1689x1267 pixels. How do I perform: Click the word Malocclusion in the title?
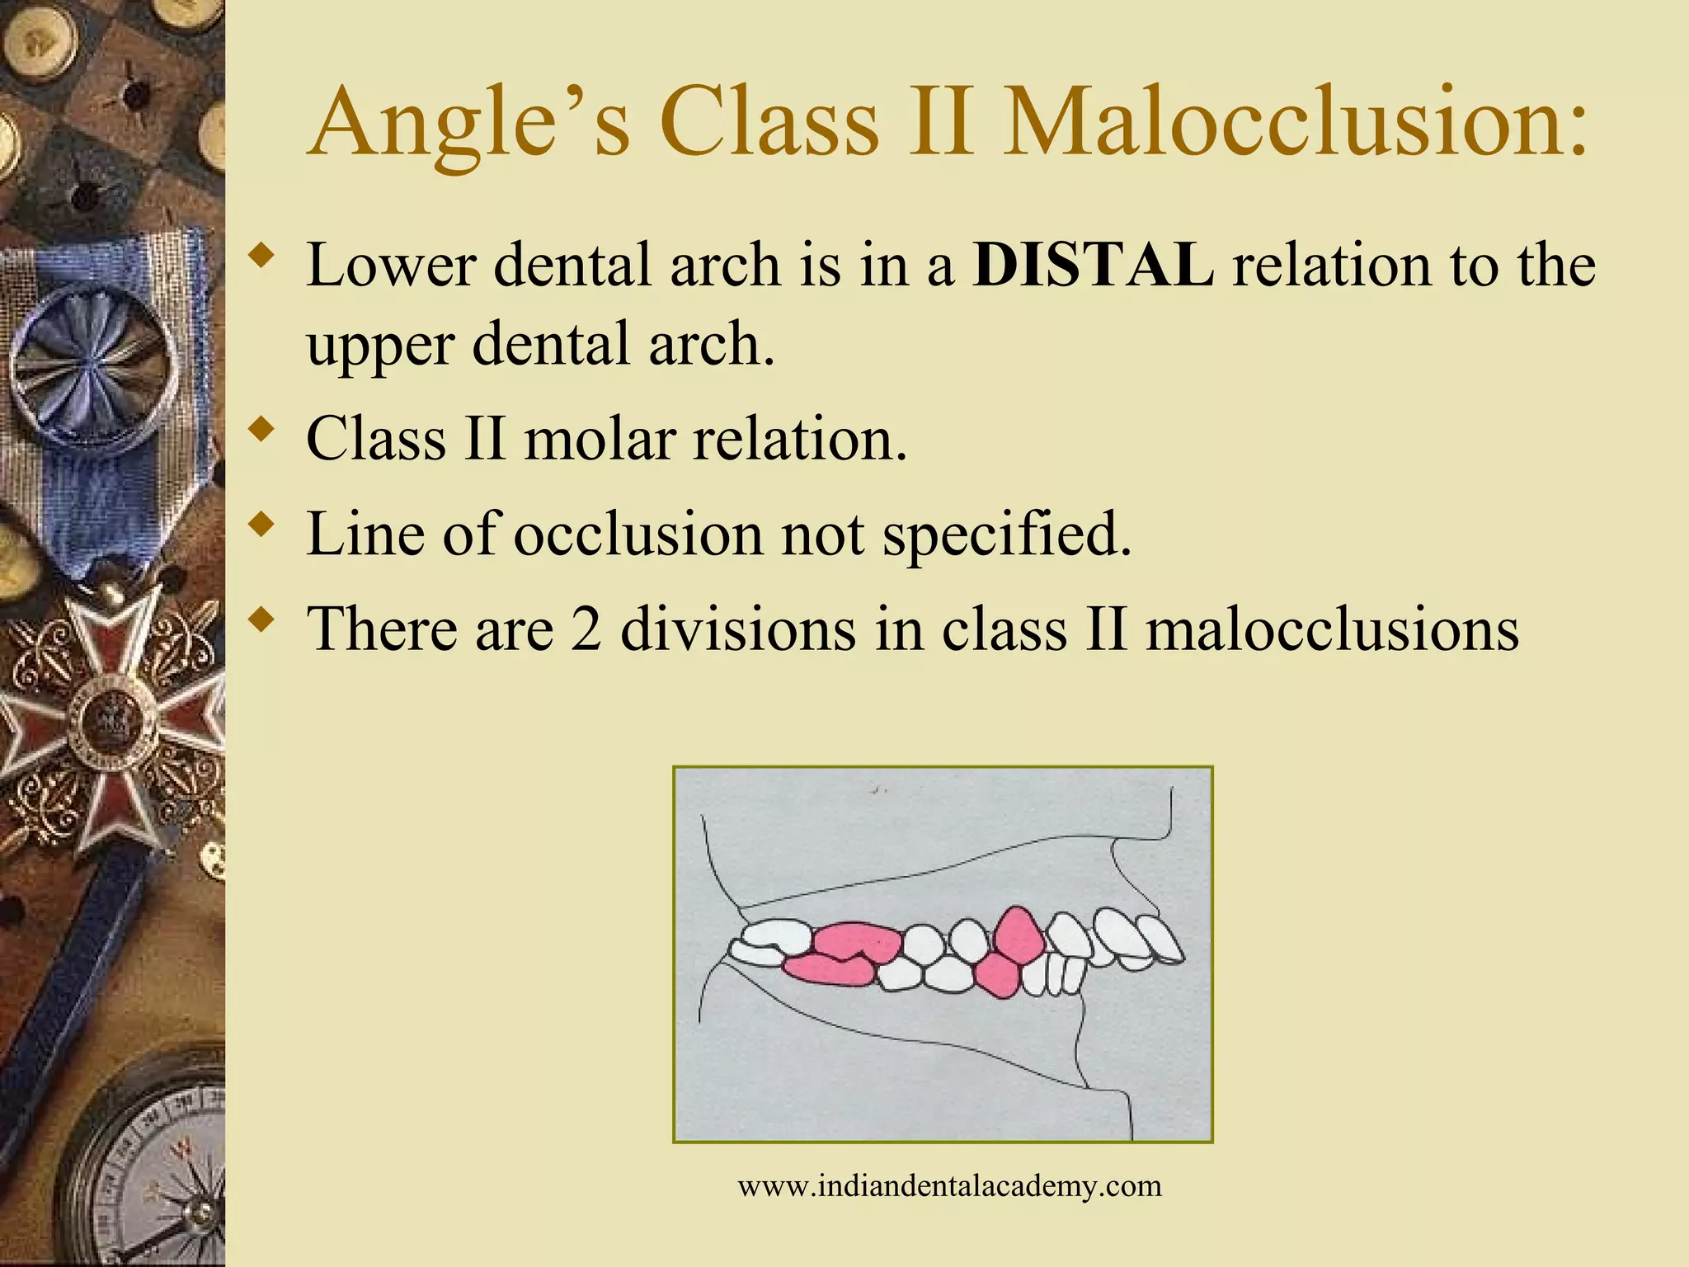tap(1295, 124)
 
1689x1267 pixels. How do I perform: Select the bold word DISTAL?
tap(1093, 266)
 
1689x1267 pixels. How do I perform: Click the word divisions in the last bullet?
tap(738, 629)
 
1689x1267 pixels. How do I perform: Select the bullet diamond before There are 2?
tap(261, 618)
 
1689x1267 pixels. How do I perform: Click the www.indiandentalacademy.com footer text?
tap(949, 1186)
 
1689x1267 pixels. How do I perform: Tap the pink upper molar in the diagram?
tap(858, 940)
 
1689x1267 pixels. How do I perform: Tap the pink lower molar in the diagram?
tap(829, 970)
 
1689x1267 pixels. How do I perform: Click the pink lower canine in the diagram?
tap(998, 975)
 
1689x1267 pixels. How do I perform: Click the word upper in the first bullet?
tap(380, 345)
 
